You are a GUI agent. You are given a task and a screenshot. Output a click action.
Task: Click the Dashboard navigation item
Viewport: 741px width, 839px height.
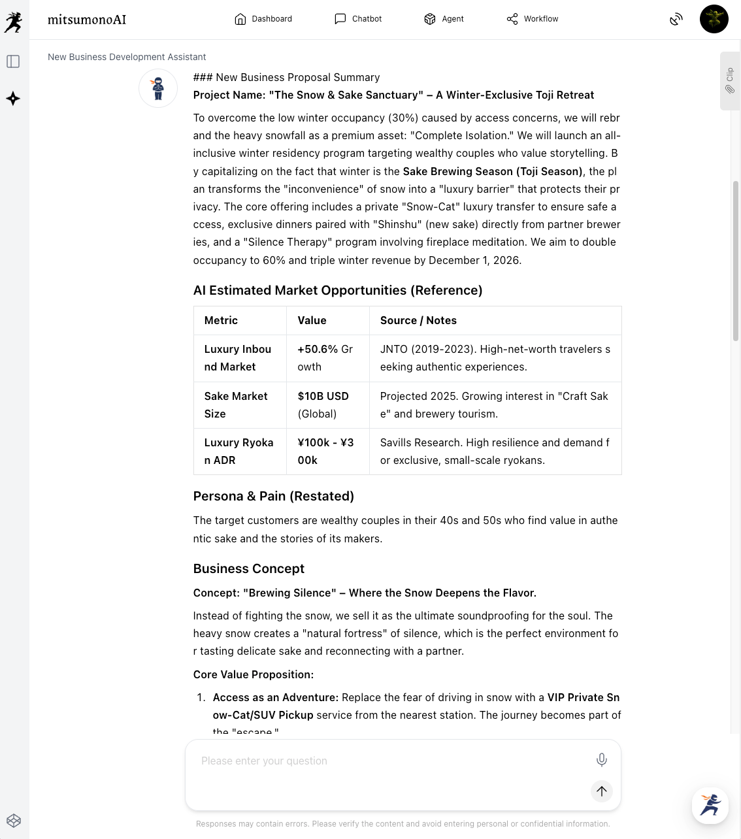[263, 19]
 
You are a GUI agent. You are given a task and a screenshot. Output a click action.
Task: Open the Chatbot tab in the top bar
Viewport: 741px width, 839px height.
[358, 19]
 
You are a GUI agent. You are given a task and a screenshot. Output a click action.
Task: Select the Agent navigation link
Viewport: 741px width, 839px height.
[444, 19]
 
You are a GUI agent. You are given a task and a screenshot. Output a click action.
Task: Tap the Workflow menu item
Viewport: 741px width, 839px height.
[533, 19]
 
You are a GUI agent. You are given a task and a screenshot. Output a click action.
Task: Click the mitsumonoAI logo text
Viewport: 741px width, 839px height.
[87, 20]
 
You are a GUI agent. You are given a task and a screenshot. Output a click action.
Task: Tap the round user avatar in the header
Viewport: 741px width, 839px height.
[714, 19]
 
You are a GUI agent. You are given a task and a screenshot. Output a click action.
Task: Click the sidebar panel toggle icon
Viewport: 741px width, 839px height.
[13, 61]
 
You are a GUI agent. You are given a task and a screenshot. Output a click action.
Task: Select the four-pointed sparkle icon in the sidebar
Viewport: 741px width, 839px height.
[13, 99]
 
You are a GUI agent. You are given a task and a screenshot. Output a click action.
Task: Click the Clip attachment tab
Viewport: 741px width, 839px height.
[730, 80]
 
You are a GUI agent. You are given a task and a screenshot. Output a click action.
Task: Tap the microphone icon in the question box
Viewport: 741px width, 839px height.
[601, 759]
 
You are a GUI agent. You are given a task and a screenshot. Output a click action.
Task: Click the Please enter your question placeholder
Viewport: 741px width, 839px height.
[264, 761]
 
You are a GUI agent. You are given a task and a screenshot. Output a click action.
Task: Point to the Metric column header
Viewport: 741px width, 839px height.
[221, 320]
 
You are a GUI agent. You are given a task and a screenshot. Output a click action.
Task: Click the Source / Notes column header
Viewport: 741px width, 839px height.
[418, 320]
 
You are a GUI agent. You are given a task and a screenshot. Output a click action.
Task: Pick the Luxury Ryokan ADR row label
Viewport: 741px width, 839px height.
[239, 451]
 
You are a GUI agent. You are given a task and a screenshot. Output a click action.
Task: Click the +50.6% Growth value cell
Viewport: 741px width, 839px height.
[325, 357]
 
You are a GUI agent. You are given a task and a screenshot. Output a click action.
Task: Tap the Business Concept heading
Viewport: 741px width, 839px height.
[249, 568]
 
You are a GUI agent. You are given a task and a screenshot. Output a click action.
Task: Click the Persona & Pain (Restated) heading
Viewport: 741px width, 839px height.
[273, 496]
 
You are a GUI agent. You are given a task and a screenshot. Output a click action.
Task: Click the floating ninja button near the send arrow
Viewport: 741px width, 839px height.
[710, 805]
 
